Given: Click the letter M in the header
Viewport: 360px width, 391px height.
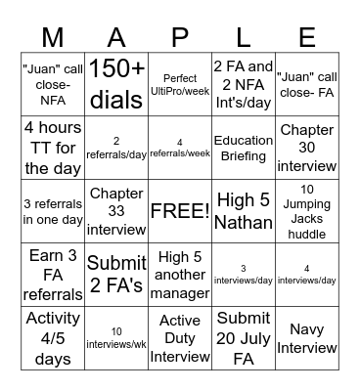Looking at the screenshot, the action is tap(55, 37).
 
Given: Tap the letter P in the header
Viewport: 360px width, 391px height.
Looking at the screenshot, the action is tap(181, 37).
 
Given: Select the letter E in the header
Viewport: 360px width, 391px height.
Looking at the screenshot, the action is tap(306, 37).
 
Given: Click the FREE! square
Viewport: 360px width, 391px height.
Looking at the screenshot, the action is tap(180, 210).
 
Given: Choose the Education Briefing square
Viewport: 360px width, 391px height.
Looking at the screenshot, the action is tap(243, 148).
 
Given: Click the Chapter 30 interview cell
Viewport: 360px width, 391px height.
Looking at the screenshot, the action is tap(306, 148).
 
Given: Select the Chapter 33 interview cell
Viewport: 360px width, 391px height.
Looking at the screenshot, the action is tap(117, 210).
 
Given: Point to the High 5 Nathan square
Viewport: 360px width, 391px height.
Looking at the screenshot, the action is tap(243, 210).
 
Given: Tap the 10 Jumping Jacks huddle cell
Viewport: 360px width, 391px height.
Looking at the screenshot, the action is tap(306, 210).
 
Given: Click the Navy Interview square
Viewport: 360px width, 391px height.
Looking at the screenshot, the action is tap(306, 338).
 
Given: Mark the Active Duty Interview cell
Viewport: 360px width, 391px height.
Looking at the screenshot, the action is tap(180, 338).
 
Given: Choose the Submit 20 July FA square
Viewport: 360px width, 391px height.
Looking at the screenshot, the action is tap(243, 338).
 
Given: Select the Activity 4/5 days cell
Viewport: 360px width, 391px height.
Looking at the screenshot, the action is tap(55, 338).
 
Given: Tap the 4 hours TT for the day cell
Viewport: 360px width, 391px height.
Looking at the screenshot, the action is tap(55, 148).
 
